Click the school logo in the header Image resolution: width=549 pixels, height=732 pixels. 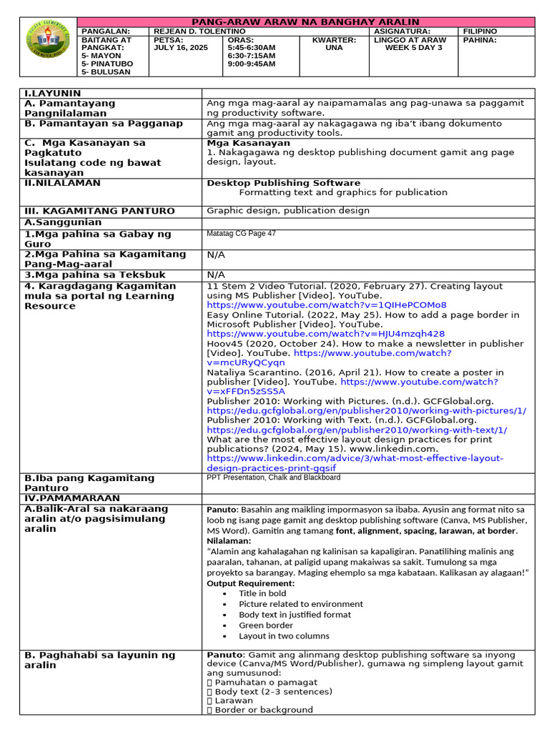(x=48, y=48)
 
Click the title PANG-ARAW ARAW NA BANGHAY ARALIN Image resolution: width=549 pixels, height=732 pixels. (x=305, y=22)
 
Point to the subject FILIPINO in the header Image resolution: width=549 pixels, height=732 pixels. (x=480, y=31)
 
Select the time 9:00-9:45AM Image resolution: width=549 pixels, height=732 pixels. (x=251, y=64)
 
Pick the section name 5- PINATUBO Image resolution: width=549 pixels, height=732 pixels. (x=107, y=64)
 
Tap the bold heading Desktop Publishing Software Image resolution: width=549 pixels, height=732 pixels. (x=283, y=183)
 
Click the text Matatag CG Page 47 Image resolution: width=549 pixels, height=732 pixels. (x=241, y=234)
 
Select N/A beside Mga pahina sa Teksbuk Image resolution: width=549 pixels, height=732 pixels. (x=216, y=274)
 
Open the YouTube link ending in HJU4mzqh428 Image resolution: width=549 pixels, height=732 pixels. (x=325, y=334)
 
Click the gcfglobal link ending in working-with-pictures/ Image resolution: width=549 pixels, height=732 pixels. (x=366, y=411)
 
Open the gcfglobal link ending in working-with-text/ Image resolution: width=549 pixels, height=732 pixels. (x=357, y=430)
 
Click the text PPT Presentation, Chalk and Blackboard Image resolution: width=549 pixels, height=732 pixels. (x=273, y=478)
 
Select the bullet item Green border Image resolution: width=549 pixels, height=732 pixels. (x=265, y=625)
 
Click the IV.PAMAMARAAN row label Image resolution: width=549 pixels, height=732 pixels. (x=72, y=498)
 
